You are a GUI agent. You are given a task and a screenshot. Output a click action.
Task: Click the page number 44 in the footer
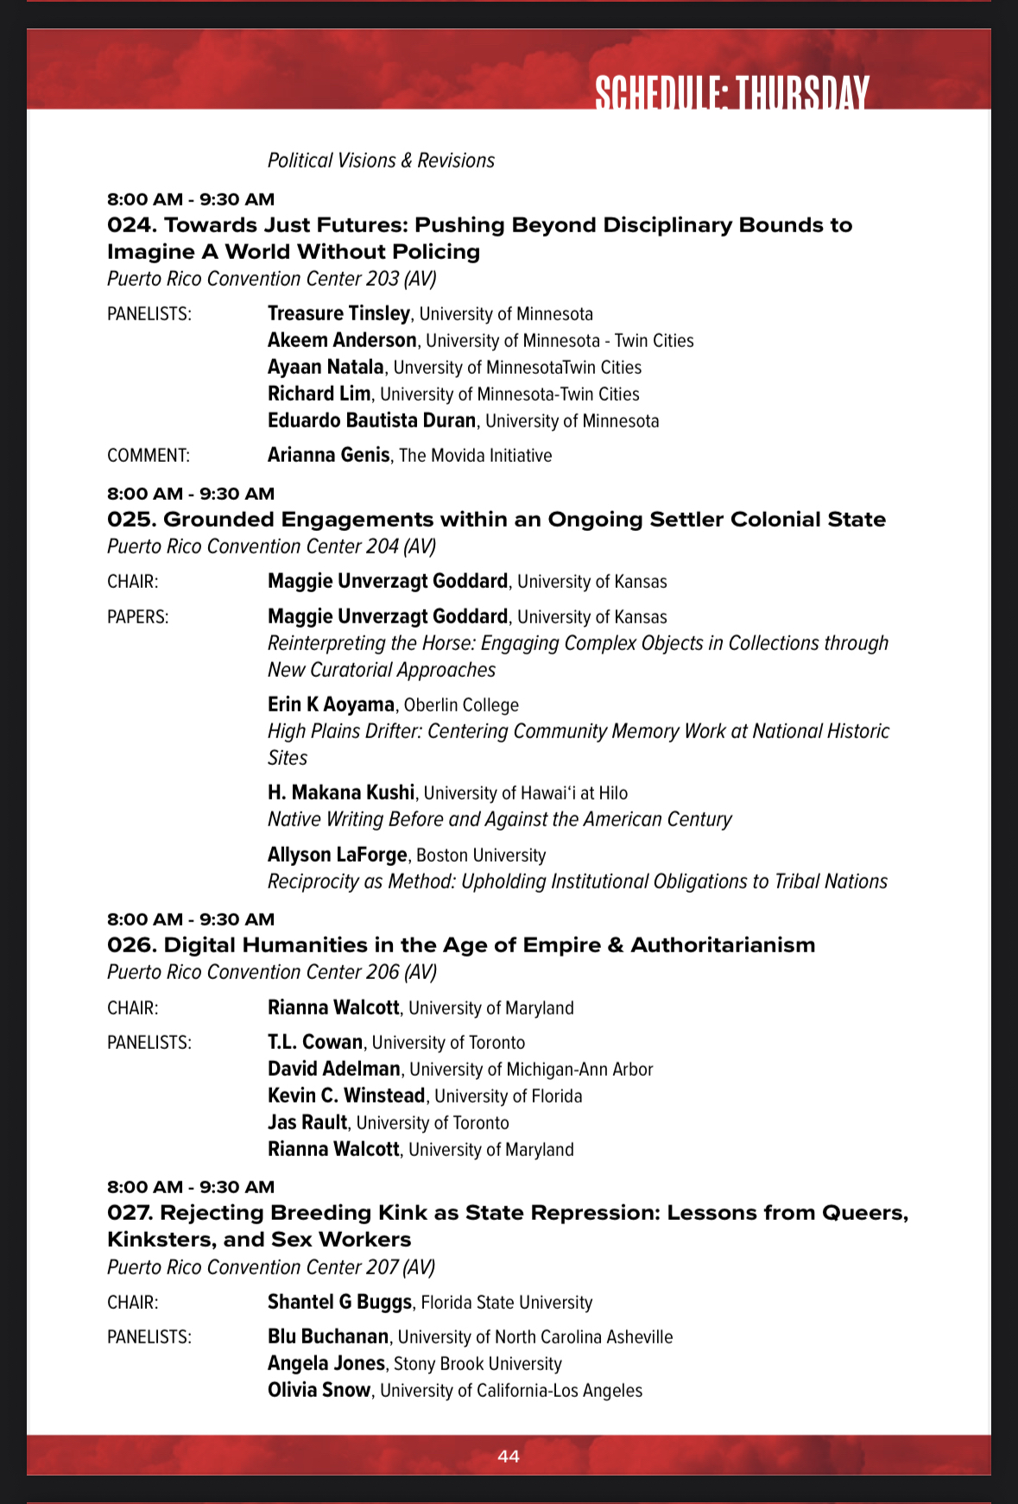point(509,1457)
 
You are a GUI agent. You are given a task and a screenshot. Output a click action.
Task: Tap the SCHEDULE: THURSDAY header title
point(731,93)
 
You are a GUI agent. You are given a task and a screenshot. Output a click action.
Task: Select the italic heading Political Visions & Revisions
point(381,161)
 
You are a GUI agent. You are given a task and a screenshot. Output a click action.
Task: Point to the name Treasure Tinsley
point(338,313)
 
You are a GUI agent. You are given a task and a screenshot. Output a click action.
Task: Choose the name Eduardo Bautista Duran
point(371,420)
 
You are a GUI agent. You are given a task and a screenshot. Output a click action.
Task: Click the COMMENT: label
point(149,456)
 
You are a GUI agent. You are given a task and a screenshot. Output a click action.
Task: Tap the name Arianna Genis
point(328,455)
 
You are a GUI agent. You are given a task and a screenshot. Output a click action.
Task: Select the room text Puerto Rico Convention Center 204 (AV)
point(271,547)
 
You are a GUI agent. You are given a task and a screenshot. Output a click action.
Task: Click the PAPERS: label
point(138,617)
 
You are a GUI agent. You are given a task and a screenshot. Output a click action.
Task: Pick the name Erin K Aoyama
point(331,705)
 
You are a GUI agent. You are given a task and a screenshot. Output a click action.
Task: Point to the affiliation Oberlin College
point(461,705)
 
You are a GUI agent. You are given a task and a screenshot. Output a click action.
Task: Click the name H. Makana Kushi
point(341,793)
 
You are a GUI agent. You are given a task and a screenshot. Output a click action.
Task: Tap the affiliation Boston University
point(481,856)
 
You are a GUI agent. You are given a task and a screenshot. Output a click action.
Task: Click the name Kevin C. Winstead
point(346,1096)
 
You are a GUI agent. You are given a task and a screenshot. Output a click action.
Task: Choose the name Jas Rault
point(307,1122)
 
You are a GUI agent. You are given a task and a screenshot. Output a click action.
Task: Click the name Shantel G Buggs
point(339,1302)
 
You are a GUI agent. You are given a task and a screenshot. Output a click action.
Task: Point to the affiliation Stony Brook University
point(477,1364)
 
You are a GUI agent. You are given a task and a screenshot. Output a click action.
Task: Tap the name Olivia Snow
point(319,1390)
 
